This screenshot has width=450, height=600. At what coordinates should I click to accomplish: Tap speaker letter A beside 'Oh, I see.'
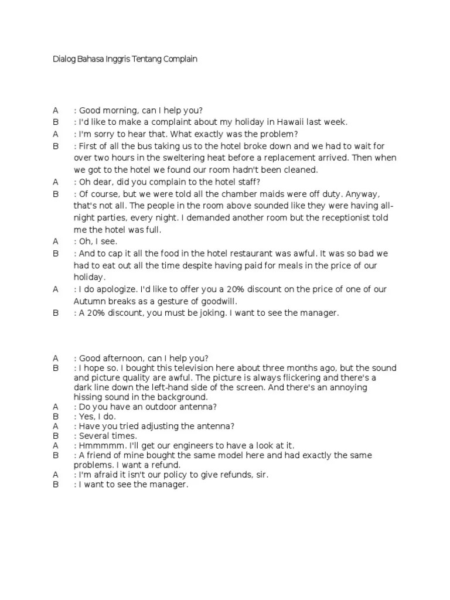tap(56, 241)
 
